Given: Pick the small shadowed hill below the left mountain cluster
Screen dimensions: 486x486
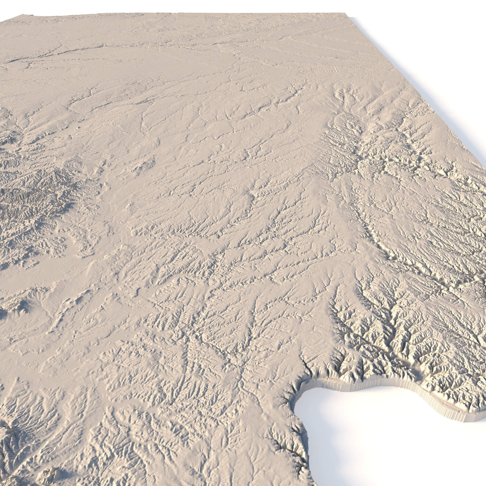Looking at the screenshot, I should [23, 304].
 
